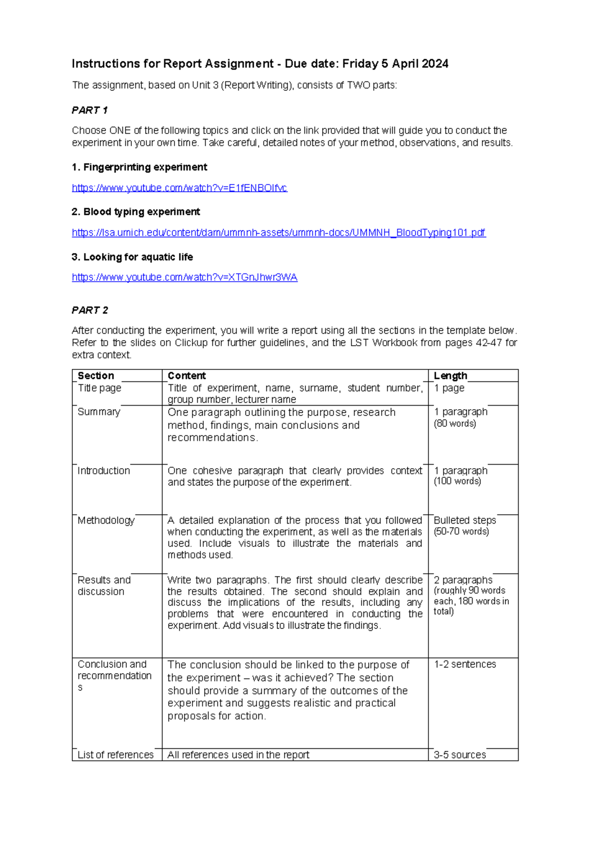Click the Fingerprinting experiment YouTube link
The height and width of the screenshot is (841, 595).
tap(179, 188)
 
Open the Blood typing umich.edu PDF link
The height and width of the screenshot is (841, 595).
tap(279, 233)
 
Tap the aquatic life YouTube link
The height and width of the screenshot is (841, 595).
tap(184, 277)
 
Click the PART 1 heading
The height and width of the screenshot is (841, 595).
tap(90, 110)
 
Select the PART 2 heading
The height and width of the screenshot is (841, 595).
tap(90, 310)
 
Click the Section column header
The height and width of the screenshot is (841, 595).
tap(96, 376)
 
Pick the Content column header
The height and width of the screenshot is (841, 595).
tap(186, 376)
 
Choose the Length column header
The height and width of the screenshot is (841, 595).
tap(450, 376)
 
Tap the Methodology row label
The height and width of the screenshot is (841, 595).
tap(106, 520)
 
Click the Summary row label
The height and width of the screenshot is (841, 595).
tap(99, 412)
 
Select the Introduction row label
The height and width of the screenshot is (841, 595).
tap(104, 471)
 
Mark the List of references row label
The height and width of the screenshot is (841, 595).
tap(116, 755)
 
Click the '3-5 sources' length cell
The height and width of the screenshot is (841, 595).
tap(460, 755)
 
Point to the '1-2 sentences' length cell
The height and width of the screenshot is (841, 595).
tap(465, 664)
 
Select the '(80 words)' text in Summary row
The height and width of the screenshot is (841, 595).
tap(455, 423)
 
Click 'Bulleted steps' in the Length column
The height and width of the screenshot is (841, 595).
tap(465, 520)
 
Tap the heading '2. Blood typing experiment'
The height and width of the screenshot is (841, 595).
tap(136, 212)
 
